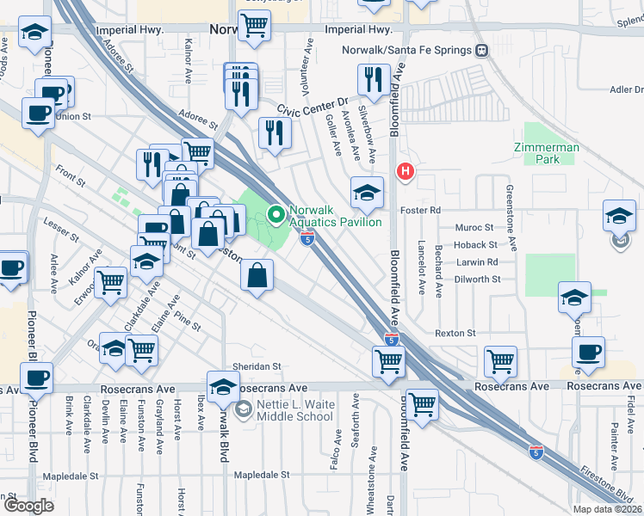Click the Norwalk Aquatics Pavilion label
[335, 215]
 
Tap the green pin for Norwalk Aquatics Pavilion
[276, 214]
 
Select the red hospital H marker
[406, 172]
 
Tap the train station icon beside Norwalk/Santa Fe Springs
[483, 50]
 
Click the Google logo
[28, 506]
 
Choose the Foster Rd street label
[419, 210]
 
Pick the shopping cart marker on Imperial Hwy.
[254, 26]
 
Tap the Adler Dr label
[626, 89]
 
